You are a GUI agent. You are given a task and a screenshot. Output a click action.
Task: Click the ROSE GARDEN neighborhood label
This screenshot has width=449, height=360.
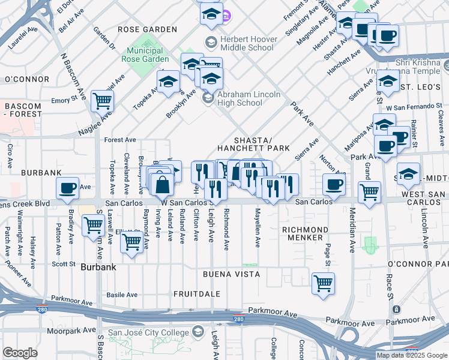(147, 29)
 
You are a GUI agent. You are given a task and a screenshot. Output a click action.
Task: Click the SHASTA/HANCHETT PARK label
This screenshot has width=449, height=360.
(253, 143)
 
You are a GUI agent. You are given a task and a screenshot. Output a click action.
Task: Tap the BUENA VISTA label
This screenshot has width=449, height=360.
(231, 274)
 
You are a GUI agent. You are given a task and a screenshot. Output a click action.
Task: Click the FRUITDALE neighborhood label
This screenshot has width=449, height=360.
(197, 294)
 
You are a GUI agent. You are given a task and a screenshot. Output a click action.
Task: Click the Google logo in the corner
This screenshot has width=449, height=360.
(20, 353)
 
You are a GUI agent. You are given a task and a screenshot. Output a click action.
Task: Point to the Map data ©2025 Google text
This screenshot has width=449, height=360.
(412, 355)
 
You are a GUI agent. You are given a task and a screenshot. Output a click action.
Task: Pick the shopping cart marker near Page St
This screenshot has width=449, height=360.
(323, 283)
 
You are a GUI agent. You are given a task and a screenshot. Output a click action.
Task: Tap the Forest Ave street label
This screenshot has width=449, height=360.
(121, 140)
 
